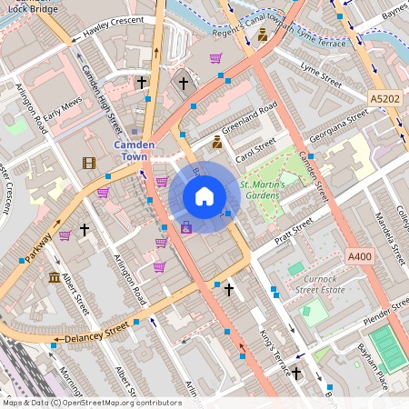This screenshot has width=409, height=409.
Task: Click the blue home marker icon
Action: [204, 196]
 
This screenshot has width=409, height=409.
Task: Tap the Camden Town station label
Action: [135, 151]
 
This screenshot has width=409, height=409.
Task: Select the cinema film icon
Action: [88, 163]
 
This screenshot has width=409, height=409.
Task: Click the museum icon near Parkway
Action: [55, 277]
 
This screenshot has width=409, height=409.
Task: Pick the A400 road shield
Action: [359, 258]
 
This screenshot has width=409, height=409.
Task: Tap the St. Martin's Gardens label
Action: [263, 190]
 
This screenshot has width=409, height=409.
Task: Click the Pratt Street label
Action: [290, 232]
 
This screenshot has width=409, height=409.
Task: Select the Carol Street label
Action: [255, 148]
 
